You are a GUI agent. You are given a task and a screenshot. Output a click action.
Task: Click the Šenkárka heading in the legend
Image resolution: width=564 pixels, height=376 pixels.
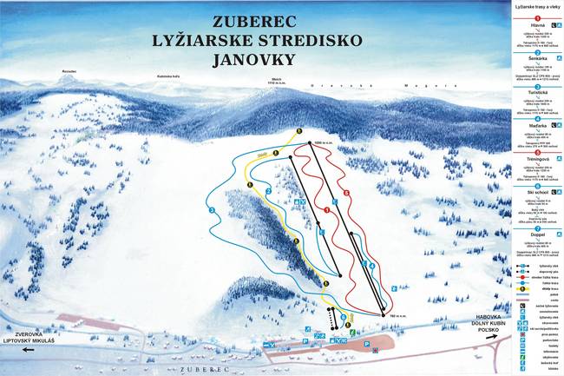point(535,58)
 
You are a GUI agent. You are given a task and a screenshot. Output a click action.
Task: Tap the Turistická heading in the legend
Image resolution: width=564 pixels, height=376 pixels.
point(535,91)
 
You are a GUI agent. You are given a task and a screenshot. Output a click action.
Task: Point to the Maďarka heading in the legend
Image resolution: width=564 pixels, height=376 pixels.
point(535,125)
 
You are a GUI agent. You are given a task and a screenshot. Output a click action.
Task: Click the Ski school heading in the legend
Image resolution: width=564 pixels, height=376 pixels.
point(535,193)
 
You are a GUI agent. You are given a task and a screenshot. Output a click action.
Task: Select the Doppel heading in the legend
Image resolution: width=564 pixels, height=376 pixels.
point(535,232)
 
